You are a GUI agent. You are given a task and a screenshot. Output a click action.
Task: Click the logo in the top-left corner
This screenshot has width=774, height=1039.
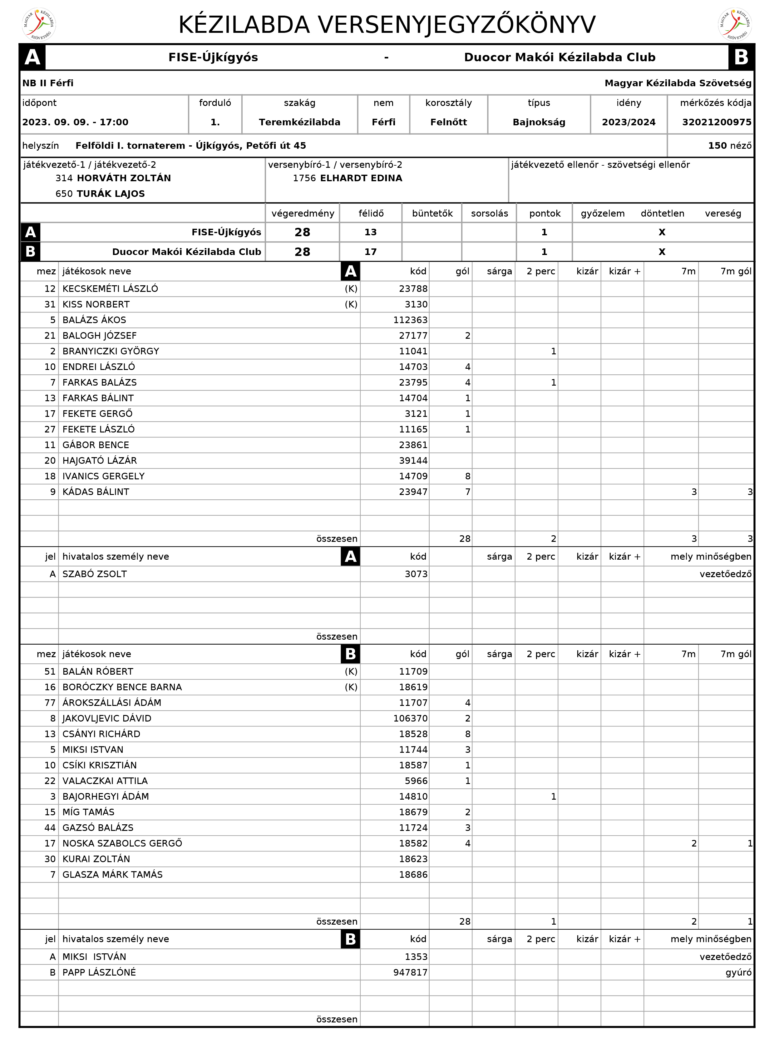39,24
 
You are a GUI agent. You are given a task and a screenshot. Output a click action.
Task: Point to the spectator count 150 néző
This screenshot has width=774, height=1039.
729,146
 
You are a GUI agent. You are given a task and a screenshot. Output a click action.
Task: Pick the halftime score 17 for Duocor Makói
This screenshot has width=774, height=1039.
371,252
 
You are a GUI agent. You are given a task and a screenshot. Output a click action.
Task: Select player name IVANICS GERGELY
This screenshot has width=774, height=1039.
104,476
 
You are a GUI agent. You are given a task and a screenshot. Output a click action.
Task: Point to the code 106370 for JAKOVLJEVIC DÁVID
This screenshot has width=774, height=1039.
411,719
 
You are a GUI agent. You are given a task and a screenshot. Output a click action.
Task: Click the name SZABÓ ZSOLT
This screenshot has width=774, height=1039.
95,574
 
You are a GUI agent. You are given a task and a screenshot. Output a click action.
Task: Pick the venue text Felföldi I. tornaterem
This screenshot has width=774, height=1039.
130,146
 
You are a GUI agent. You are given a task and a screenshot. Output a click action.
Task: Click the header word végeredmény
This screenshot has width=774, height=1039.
303,214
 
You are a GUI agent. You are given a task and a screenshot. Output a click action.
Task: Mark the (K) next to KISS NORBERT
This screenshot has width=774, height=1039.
351,305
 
